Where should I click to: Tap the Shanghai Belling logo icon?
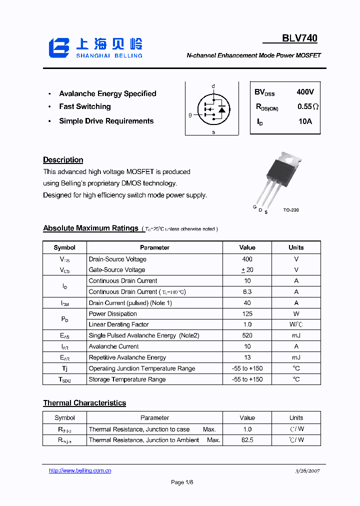[x=58, y=47]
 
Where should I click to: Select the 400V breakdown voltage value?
[x=305, y=92]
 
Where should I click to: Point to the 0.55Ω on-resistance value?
[x=308, y=106]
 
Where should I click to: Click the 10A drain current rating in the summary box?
[x=305, y=121]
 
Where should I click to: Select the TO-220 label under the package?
[x=290, y=210]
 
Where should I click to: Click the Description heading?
[x=63, y=160]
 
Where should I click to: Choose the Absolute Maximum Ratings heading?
[x=90, y=228]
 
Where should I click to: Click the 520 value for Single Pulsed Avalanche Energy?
[x=247, y=335]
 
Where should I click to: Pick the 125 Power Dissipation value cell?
[x=247, y=314]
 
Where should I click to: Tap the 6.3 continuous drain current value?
[x=247, y=292]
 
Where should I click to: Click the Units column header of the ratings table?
[x=296, y=247]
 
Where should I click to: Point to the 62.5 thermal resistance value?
[x=247, y=440]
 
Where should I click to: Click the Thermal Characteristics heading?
[x=84, y=403]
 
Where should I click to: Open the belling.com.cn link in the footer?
[x=80, y=470]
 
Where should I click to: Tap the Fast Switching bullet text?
[x=85, y=106]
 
